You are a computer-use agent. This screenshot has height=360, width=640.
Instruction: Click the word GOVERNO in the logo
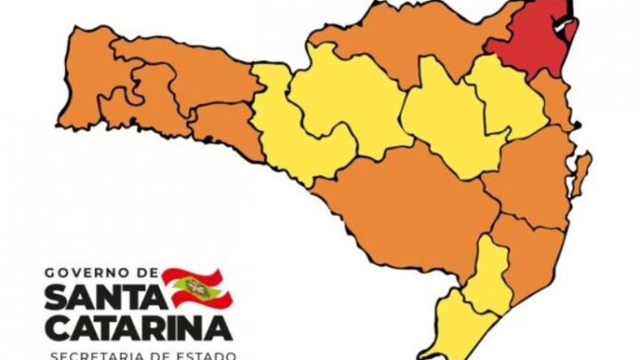point(89,272)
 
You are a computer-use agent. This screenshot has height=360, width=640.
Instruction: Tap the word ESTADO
point(206,354)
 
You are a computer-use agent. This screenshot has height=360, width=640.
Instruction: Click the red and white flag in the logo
point(195,285)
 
